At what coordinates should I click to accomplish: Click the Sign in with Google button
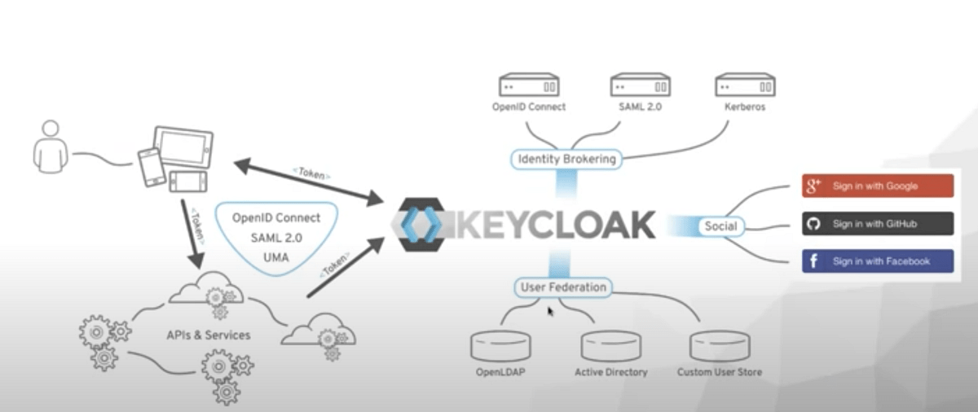pyautogui.click(x=877, y=186)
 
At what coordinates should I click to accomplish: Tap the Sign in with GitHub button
pyautogui.click(x=877, y=224)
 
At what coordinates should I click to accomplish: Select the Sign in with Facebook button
pyautogui.click(x=877, y=261)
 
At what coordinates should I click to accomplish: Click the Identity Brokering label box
pyautogui.click(x=567, y=159)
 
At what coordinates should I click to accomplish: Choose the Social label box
pyautogui.click(x=720, y=226)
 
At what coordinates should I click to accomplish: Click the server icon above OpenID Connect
pyautogui.click(x=528, y=85)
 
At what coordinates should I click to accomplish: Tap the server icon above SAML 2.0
pyautogui.click(x=640, y=85)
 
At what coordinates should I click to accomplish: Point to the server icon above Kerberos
pyautogui.click(x=745, y=85)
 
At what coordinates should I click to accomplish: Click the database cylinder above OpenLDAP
pyautogui.click(x=500, y=346)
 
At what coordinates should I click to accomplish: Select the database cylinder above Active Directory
pyautogui.click(x=610, y=346)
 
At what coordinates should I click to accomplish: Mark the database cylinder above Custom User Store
pyautogui.click(x=720, y=346)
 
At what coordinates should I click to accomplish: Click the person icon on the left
pyautogui.click(x=51, y=148)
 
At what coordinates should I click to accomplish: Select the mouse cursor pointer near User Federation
pyautogui.click(x=551, y=310)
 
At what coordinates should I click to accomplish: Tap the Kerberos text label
pyautogui.click(x=745, y=107)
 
